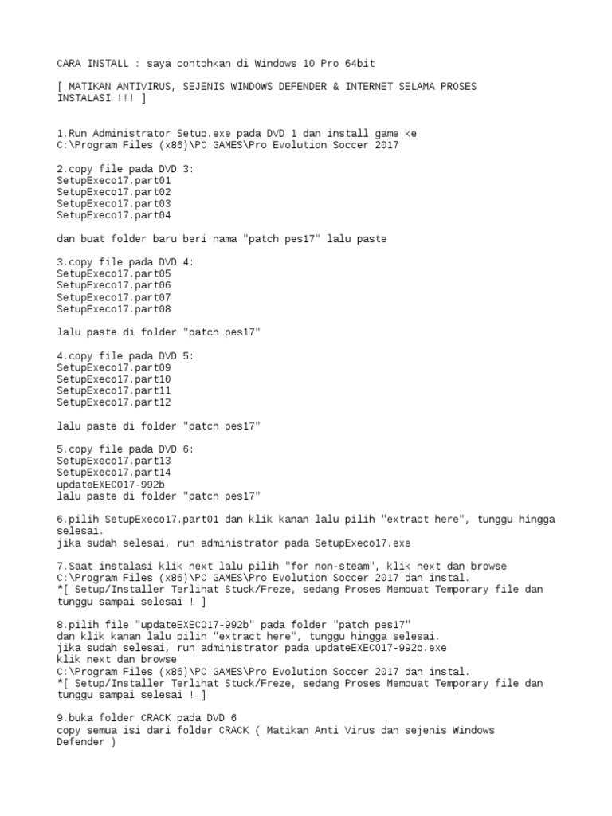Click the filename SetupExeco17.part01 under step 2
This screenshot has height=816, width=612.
click(113, 180)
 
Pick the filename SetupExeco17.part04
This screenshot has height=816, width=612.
click(113, 215)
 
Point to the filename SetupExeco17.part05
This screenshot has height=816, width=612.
click(113, 273)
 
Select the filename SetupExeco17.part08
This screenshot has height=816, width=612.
click(113, 308)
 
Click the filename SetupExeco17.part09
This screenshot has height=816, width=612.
click(113, 367)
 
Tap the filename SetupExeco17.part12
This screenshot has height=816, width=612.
click(113, 402)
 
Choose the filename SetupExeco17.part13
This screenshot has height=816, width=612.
click(113, 461)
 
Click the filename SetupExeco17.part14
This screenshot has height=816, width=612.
click(113, 473)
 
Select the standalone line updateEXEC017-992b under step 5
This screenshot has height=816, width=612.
click(110, 484)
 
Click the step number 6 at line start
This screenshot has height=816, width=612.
click(60, 520)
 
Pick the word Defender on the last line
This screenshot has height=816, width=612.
click(80, 742)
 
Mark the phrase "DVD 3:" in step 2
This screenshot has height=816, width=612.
click(177, 168)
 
